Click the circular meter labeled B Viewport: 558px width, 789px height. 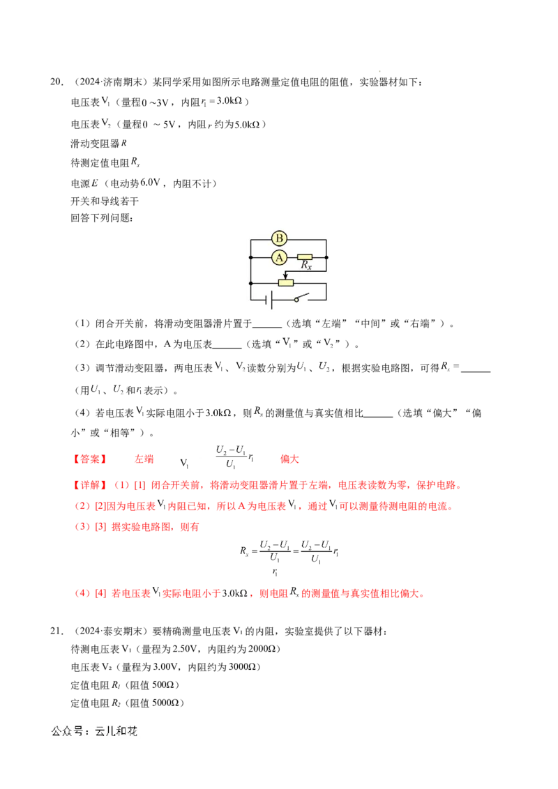click(279, 238)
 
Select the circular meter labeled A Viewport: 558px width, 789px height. click(279, 257)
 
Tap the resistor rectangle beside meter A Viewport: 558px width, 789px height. click(306, 257)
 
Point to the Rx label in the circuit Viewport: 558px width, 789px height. click(306, 266)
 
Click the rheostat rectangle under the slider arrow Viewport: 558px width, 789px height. click(286, 282)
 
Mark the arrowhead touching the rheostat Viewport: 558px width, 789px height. click(285, 277)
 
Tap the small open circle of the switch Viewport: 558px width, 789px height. click(296, 300)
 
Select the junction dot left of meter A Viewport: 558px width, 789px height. click(250, 257)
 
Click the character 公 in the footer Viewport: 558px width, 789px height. click(56, 731)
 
